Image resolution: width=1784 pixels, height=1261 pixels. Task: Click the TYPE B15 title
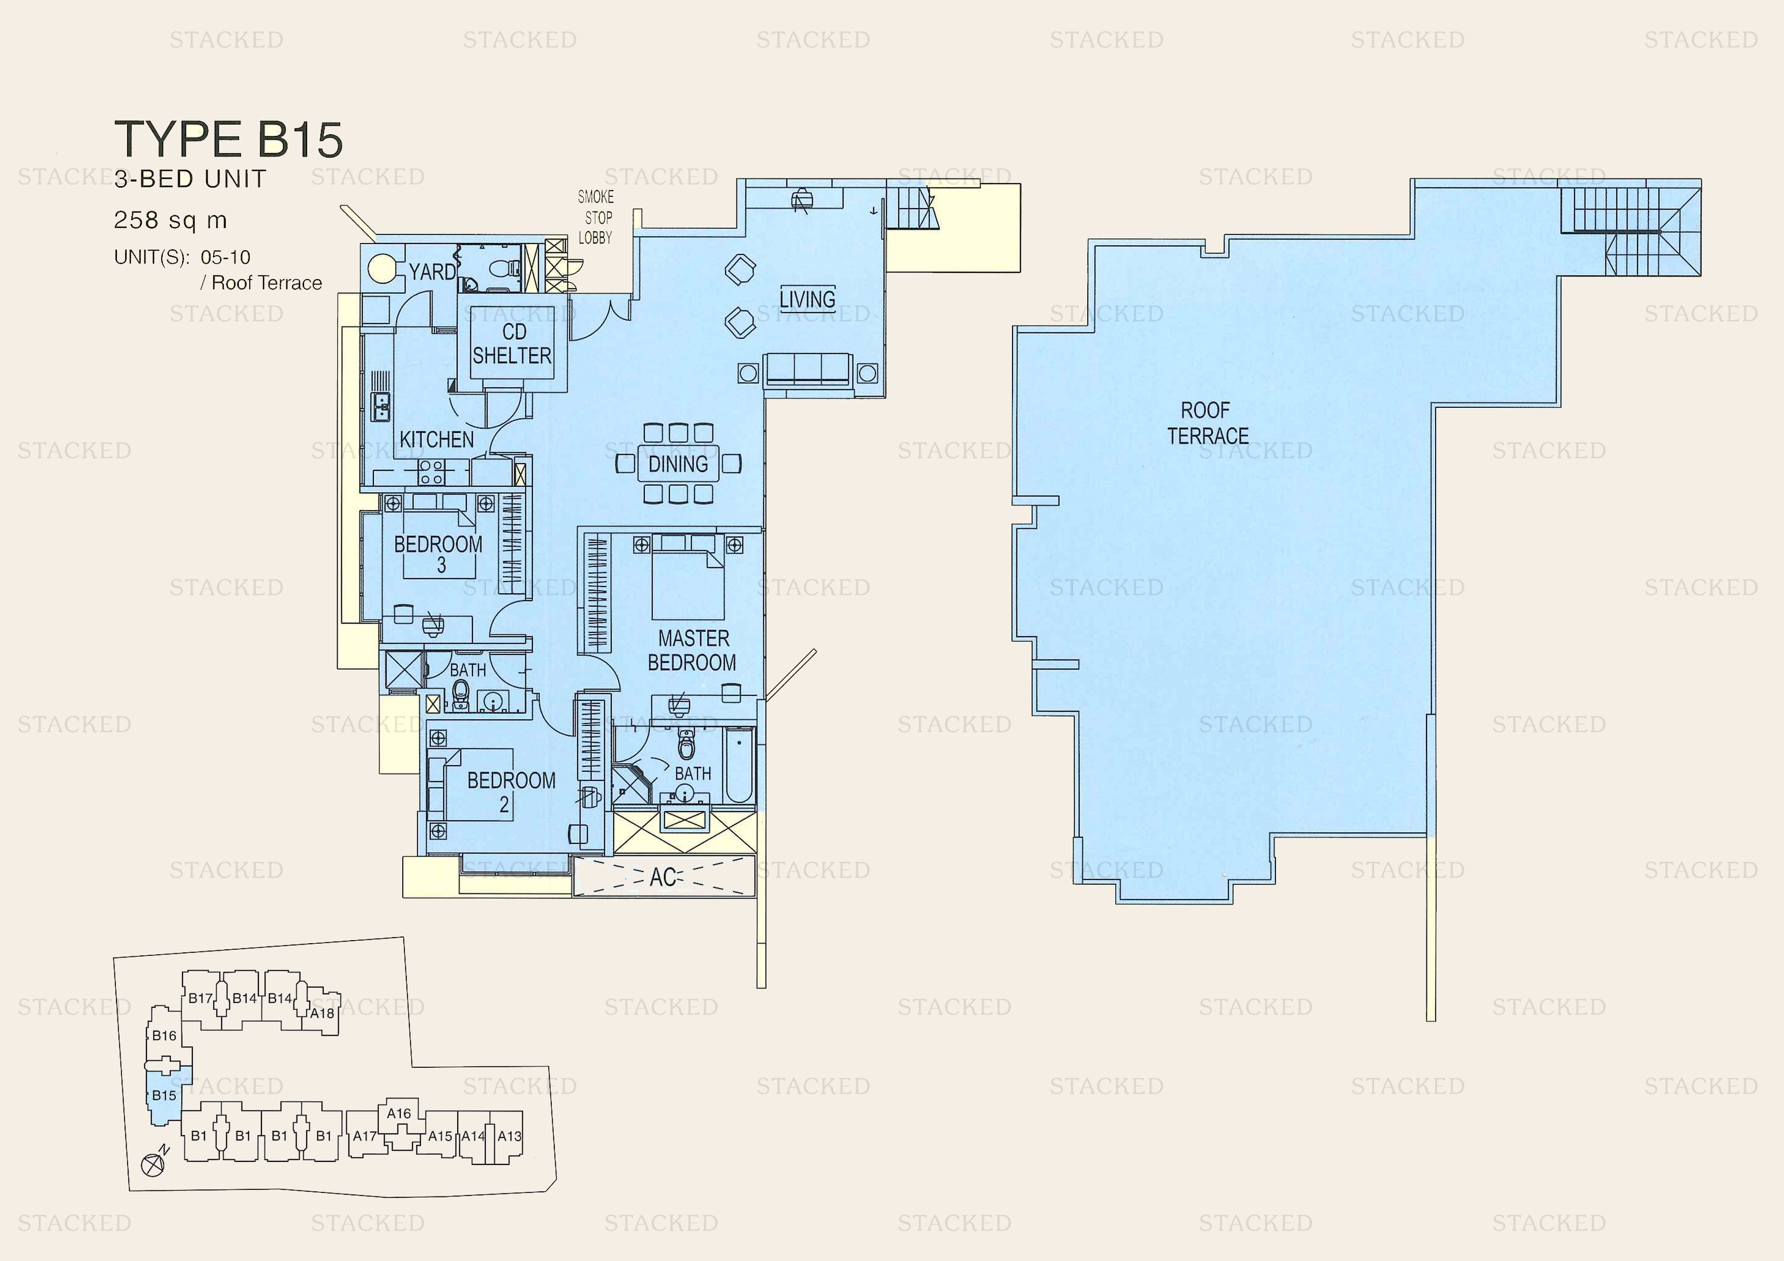tap(228, 140)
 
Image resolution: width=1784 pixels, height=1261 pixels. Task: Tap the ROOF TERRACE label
tap(1207, 424)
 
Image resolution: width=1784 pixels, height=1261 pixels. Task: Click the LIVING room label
tap(807, 299)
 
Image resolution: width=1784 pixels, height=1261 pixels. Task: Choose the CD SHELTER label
tap(512, 343)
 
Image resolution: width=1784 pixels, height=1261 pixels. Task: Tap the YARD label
tap(432, 272)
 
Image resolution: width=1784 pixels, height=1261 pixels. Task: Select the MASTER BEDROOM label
tap(692, 650)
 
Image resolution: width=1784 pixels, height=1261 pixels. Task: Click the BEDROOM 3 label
tap(438, 554)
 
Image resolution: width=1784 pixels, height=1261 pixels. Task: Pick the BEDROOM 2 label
tap(511, 791)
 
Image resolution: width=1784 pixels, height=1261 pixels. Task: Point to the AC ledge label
tap(662, 877)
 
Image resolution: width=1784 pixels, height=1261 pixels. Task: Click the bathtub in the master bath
tap(739, 766)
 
